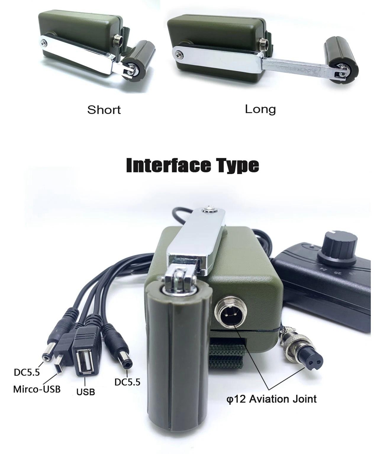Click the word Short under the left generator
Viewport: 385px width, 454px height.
[x=104, y=110]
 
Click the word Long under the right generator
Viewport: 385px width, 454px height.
[x=260, y=109]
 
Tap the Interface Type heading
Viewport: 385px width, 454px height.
[x=192, y=165]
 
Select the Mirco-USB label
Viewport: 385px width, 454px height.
[x=37, y=389]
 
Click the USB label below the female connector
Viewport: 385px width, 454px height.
[x=86, y=392]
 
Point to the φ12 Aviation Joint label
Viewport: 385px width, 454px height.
[x=271, y=399]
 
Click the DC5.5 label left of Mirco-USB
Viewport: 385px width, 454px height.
[x=27, y=372]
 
